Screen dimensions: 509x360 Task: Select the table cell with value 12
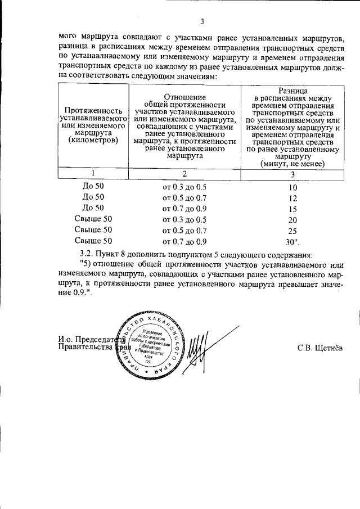(292, 198)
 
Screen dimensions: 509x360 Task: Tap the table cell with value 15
(292, 209)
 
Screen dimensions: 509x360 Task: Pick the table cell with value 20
(292, 220)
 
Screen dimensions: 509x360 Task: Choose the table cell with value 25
(292, 231)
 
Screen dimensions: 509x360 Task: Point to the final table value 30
(292, 242)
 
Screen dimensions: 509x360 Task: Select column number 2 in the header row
(184, 173)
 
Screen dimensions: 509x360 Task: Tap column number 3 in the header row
(292, 173)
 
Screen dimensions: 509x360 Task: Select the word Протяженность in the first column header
(93, 111)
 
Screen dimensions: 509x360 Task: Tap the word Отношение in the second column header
(184, 97)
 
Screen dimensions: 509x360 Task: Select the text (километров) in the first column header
(93, 140)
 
